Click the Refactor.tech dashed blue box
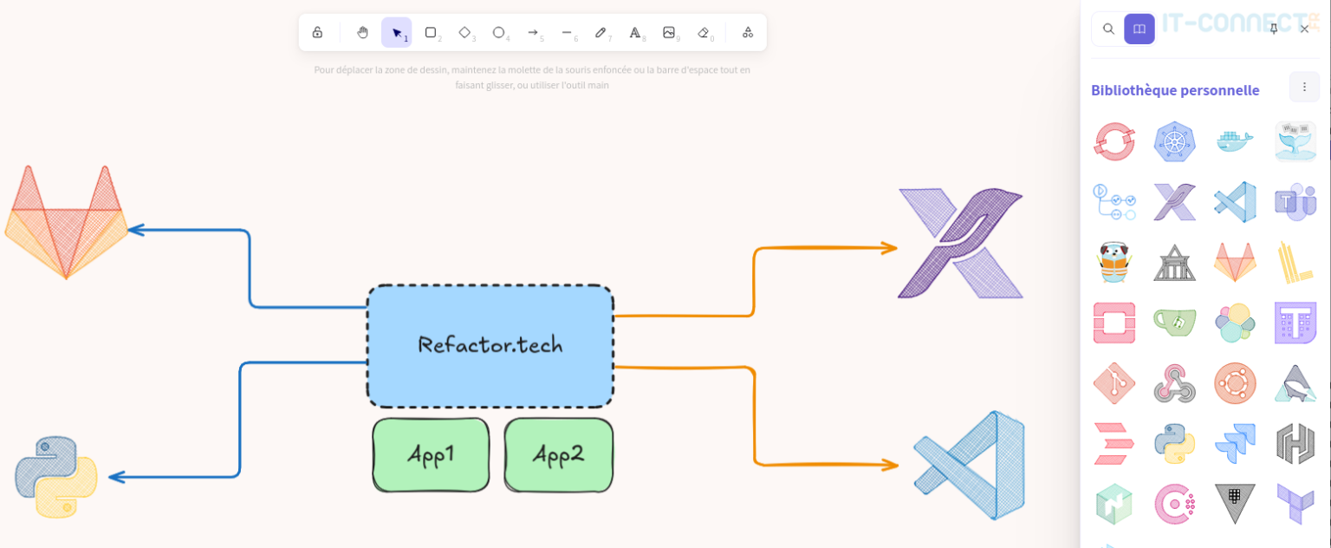point(490,346)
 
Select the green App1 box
point(431,455)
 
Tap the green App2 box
point(558,455)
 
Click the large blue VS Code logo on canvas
point(971,465)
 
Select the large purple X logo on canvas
point(960,244)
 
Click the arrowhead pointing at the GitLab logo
point(135,230)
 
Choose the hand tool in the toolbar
point(362,33)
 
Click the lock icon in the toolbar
point(317,33)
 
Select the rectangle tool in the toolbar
point(430,33)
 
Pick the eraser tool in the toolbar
point(703,33)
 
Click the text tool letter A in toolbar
point(634,33)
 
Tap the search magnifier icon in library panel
point(1108,29)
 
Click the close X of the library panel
point(1304,29)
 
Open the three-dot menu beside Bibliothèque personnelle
point(1304,87)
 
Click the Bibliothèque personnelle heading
point(1174,90)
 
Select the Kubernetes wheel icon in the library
point(1174,141)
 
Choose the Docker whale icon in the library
point(1235,141)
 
